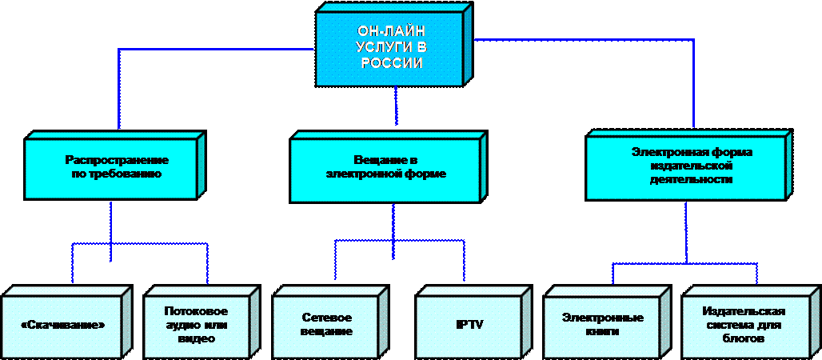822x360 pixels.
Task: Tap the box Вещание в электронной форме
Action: pos(386,167)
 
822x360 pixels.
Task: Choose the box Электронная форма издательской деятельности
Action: pos(690,166)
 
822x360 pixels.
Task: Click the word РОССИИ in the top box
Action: pos(391,63)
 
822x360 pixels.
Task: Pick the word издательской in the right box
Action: pos(690,166)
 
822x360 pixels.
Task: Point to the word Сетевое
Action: pos(327,318)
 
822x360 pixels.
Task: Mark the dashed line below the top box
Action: pos(396,104)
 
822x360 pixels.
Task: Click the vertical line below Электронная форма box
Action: pos(686,232)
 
